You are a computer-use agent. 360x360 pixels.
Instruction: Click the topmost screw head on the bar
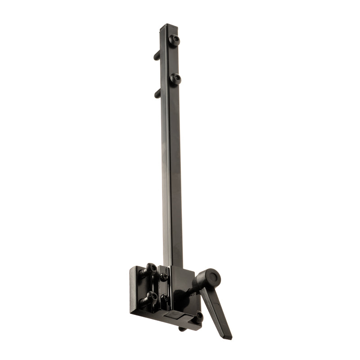pyautogui.click(x=175, y=40)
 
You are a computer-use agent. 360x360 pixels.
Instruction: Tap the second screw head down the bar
pyautogui.click(x=175, y=79)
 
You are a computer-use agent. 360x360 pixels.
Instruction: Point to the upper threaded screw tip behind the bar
pyautogui.click(x=157, y=55)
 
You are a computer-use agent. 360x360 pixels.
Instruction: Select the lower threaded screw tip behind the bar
pyautogui.click(x=157, y=94)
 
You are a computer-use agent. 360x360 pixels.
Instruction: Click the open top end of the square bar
pyautogui.click(x=166, y=26)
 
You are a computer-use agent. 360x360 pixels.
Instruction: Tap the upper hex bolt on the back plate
pyautogui.click(x=151, y=270)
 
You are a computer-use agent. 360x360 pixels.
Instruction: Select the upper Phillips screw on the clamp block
pyautogui.click(x=164, y=277)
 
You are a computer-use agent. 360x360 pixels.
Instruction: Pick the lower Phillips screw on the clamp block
pyautogui.click(x=165, y=297)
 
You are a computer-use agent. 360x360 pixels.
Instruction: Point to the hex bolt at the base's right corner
pyautogui.click(x=198, y=317)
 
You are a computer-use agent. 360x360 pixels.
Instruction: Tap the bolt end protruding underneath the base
pyautogui.click(x=182, y=329)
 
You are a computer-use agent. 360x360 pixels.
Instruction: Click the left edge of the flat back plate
pyautogui.click(x=132, y=290)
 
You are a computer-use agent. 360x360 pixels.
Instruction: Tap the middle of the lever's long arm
pyautogui.click(x=216, y=310)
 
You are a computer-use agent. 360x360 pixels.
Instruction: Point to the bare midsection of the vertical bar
pyautogui.click(x=172, y=171)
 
